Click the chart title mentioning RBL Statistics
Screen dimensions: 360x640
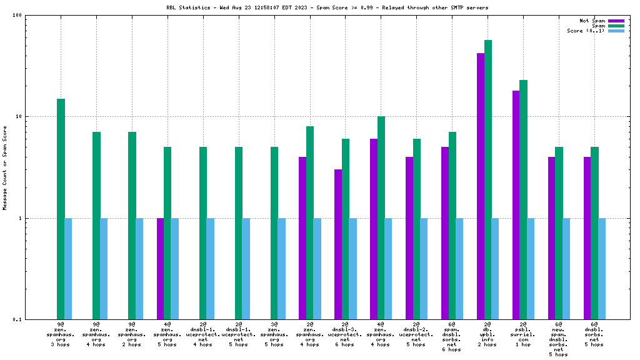coord(323,7)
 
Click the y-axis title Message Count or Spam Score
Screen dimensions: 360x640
coord(5,167)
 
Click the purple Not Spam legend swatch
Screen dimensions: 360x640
coord(616,21)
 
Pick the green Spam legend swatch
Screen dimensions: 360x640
coord(616,26)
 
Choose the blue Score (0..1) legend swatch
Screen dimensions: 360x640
coord(616,31)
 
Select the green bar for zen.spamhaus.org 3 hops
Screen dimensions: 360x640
coord(61,209)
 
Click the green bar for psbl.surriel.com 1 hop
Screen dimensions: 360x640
coord(524,200)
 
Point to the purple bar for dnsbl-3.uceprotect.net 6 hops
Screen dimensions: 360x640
coord(338,244)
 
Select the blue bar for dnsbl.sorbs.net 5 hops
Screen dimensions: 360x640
coord(602,269)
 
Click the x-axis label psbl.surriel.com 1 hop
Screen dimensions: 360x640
coord(524,334)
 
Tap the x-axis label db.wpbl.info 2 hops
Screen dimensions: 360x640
coord(488,334)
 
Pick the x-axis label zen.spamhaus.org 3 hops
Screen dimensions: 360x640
coord(61,334)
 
